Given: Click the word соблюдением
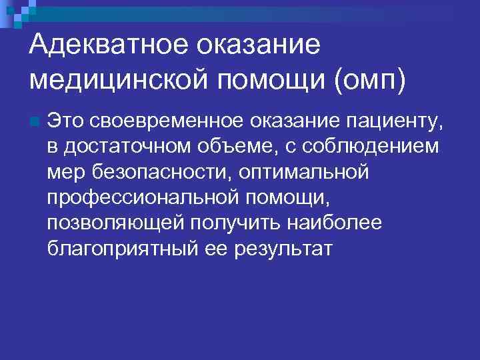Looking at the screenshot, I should click(373, 147).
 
